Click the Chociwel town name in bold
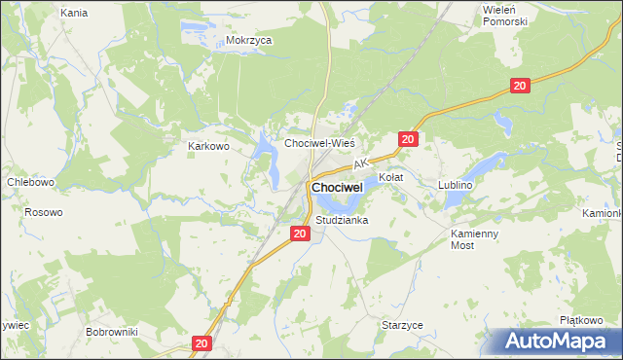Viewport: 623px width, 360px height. point(337,186)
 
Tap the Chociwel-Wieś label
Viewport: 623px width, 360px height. point(318,143)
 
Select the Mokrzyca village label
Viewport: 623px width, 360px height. point(248,41)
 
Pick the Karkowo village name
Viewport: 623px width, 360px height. point(207,146)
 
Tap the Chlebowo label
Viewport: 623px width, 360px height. point(30,182)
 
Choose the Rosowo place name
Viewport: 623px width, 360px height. point(43,212)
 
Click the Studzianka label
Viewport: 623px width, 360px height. point(341,221)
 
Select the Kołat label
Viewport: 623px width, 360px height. point(390,178)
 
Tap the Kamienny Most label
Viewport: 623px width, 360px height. point(474,240)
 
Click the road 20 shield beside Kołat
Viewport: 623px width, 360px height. point(408,140)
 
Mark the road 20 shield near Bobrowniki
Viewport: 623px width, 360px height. point(202,343)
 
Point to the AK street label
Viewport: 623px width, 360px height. point(360,164)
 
